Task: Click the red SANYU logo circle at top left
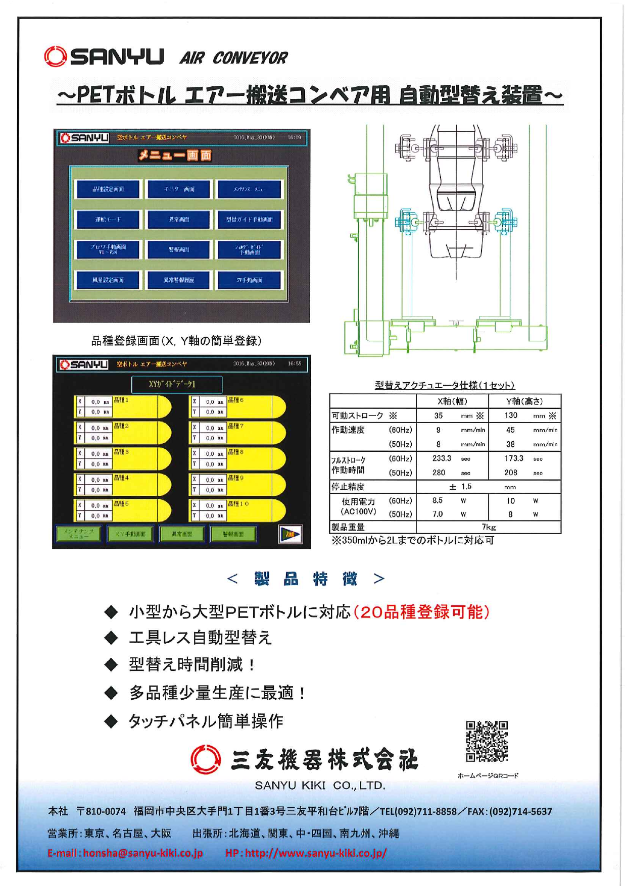55,57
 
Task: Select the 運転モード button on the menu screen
108,220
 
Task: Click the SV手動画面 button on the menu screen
249,280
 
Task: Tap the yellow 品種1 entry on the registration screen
136,407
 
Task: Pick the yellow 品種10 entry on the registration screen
251,510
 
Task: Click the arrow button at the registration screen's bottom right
291,534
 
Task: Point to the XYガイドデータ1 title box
176,384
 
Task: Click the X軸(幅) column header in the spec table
452,401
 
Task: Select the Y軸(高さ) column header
524,401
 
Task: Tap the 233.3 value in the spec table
442,458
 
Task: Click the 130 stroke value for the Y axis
511,415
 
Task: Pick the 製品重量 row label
348,527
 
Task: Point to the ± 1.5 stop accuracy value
460,487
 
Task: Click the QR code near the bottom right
487,741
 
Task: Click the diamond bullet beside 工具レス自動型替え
111,638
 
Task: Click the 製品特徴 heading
306,579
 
